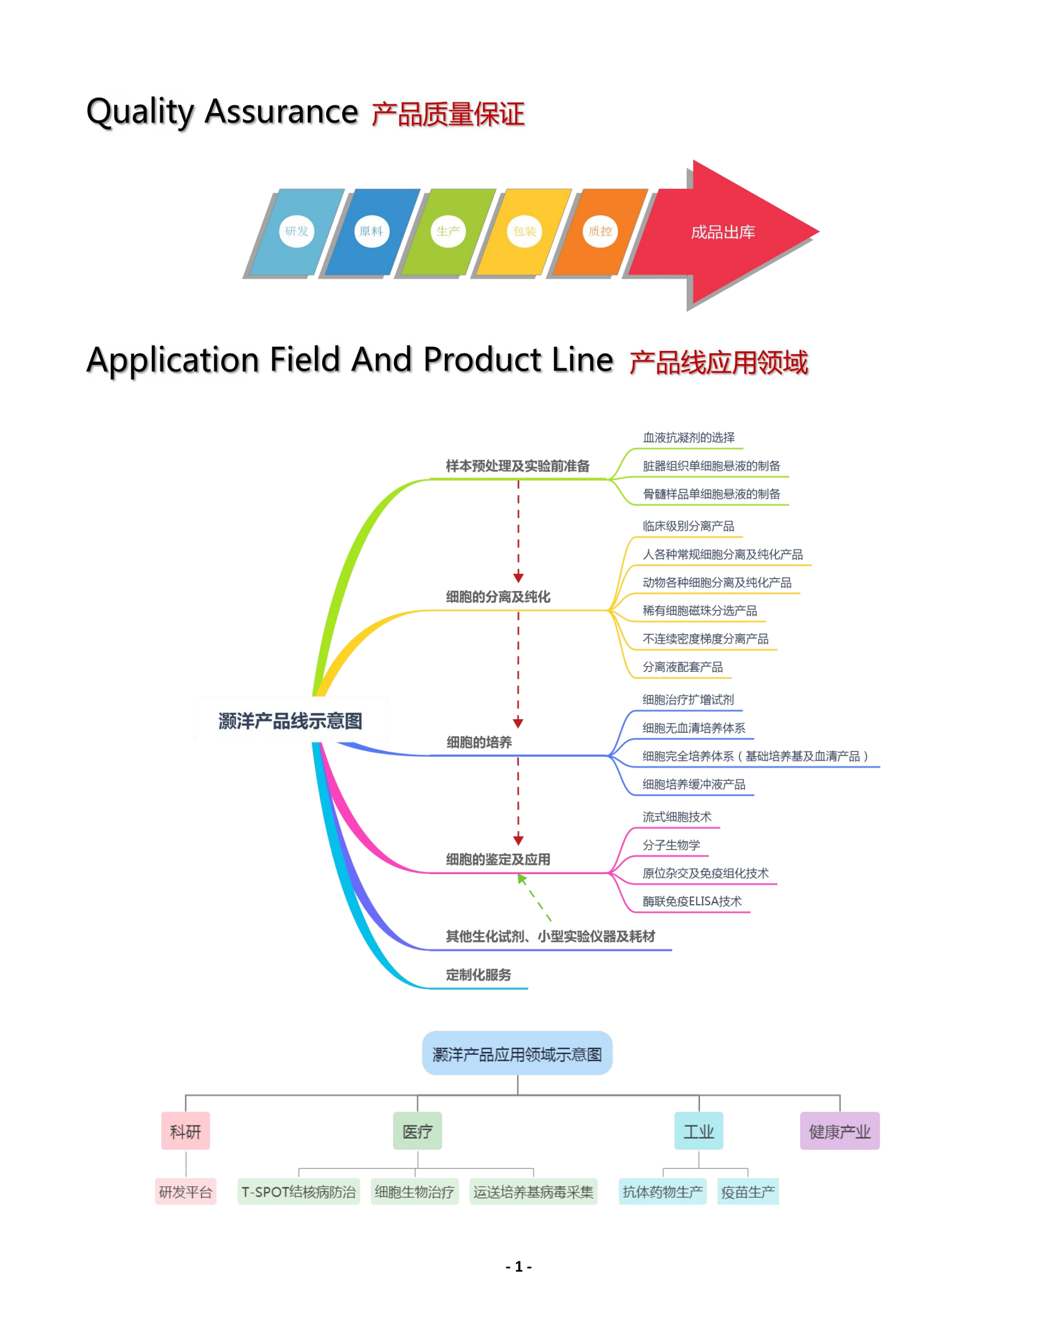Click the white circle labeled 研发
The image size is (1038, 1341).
pyautogui.click(x=296, y=232)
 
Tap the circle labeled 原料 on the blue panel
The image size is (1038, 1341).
pyautogui.click(x=372, y=232)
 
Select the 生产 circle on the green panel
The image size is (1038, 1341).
pyautogui.click(x=448, y=232)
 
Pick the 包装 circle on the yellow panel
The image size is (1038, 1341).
pyautogui.click(x=525, y=232)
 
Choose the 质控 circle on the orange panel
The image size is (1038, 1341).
pyautogui.click(x=600, y=232)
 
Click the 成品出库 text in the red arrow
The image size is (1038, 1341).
pyautogui.click(x=723, y=232)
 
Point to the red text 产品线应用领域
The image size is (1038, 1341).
pyautogui.click(x=719, y=362)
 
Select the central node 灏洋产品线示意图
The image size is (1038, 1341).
pyautogui.click(x=291, y=720)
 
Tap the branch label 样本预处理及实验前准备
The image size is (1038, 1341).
pyautogui.click(x=518, y=466)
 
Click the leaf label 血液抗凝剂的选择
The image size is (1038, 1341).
pyautogui.click(x=689, y=437)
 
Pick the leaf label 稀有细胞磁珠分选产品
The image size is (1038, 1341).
pyautogui.click(x=700, y=611)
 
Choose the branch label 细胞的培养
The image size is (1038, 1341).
pyautogui.click(x=479, y=742)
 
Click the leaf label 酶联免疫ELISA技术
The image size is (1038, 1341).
pyautogui.click(x=692, y=901)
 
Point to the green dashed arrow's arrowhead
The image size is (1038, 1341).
pyautogui.click(x=522, y=879)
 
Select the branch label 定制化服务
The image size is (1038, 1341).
pyautogui.click(x=479, y=975)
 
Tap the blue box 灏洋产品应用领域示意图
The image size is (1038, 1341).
pyautogui.click(x=518, y=1054)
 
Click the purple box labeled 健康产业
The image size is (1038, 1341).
pyautogui.click(x=840, y=1131)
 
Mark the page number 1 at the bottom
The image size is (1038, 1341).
pyautogui.click(x=519, y=1266)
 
